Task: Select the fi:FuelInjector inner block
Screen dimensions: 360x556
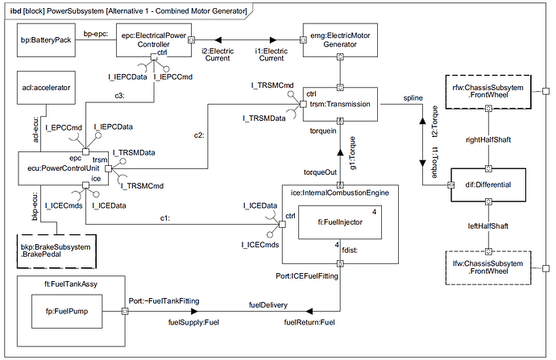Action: click(339, 223)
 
